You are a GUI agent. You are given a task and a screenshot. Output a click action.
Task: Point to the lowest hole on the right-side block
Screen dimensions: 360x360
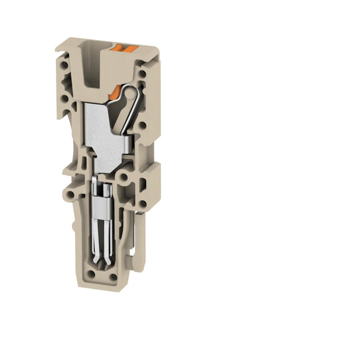tap(143, 204)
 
